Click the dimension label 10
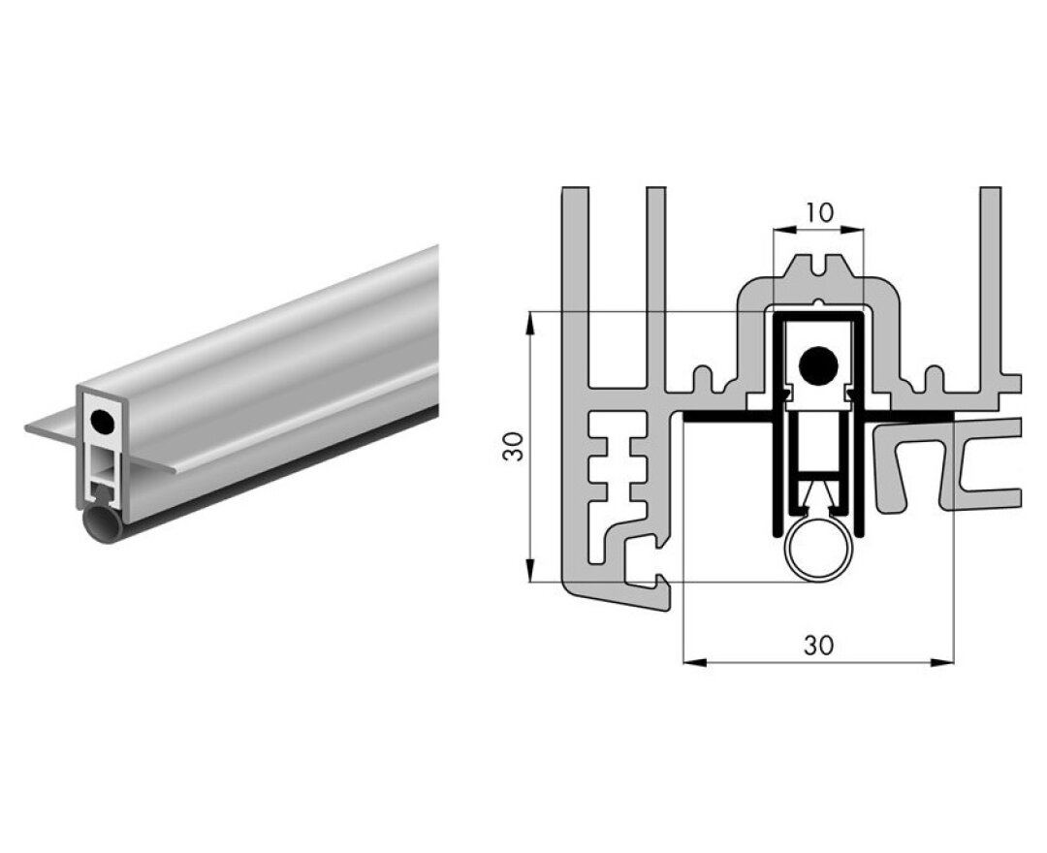point(818,212)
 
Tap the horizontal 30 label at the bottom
point(818,646)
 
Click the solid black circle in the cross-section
point(818,363)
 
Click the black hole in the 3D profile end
point(99,421)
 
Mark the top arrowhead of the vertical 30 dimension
point(530,321)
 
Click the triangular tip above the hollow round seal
point(818,499)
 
